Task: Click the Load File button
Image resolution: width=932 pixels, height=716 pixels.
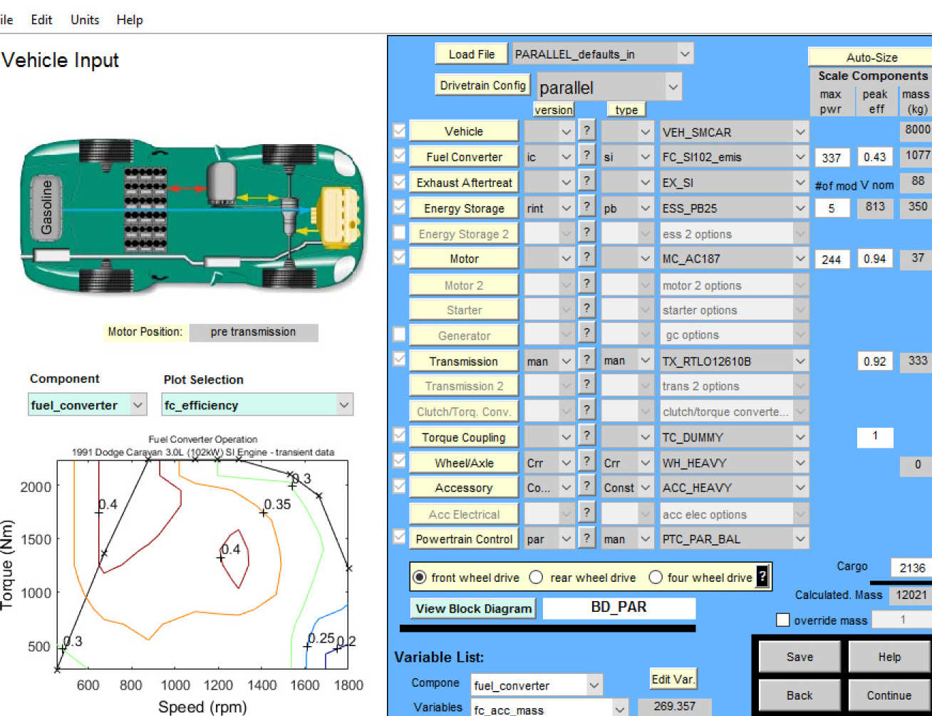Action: [x=472, y=54]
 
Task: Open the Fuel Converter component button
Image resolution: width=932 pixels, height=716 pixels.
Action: [x=464, y=157]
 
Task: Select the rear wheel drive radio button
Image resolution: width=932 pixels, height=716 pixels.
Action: [x=536, y=578]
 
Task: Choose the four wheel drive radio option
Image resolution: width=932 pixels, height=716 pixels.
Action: [x=656, y=578]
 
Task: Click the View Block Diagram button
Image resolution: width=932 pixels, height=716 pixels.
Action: [x=473, y=609]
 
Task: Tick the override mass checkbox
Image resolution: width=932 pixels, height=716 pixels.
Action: [x=783, y=620]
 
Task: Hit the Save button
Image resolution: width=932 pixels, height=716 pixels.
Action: [x=799, y=657]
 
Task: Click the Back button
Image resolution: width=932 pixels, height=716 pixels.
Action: [x=799, y=695]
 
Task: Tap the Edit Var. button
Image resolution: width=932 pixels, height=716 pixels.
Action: [x=673, y=679]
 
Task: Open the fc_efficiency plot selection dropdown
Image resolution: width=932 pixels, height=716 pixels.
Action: [x=257, y=405]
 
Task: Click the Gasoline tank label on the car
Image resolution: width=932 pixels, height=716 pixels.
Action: [x=46, y=208]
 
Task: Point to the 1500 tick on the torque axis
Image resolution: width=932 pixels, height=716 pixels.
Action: [x=36, y=540]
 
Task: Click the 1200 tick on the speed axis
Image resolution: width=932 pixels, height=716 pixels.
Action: [x=218, y=685]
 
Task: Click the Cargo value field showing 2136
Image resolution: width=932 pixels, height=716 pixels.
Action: [x=911, y=568]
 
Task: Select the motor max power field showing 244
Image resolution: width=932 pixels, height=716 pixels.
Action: [x=832, y=260]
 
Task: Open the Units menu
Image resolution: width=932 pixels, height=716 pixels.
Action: [x=85, y=20]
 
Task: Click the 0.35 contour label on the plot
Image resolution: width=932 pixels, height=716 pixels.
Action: [x=277, y=504]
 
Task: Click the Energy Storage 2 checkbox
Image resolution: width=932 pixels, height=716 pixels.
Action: [x=399, y=233]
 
